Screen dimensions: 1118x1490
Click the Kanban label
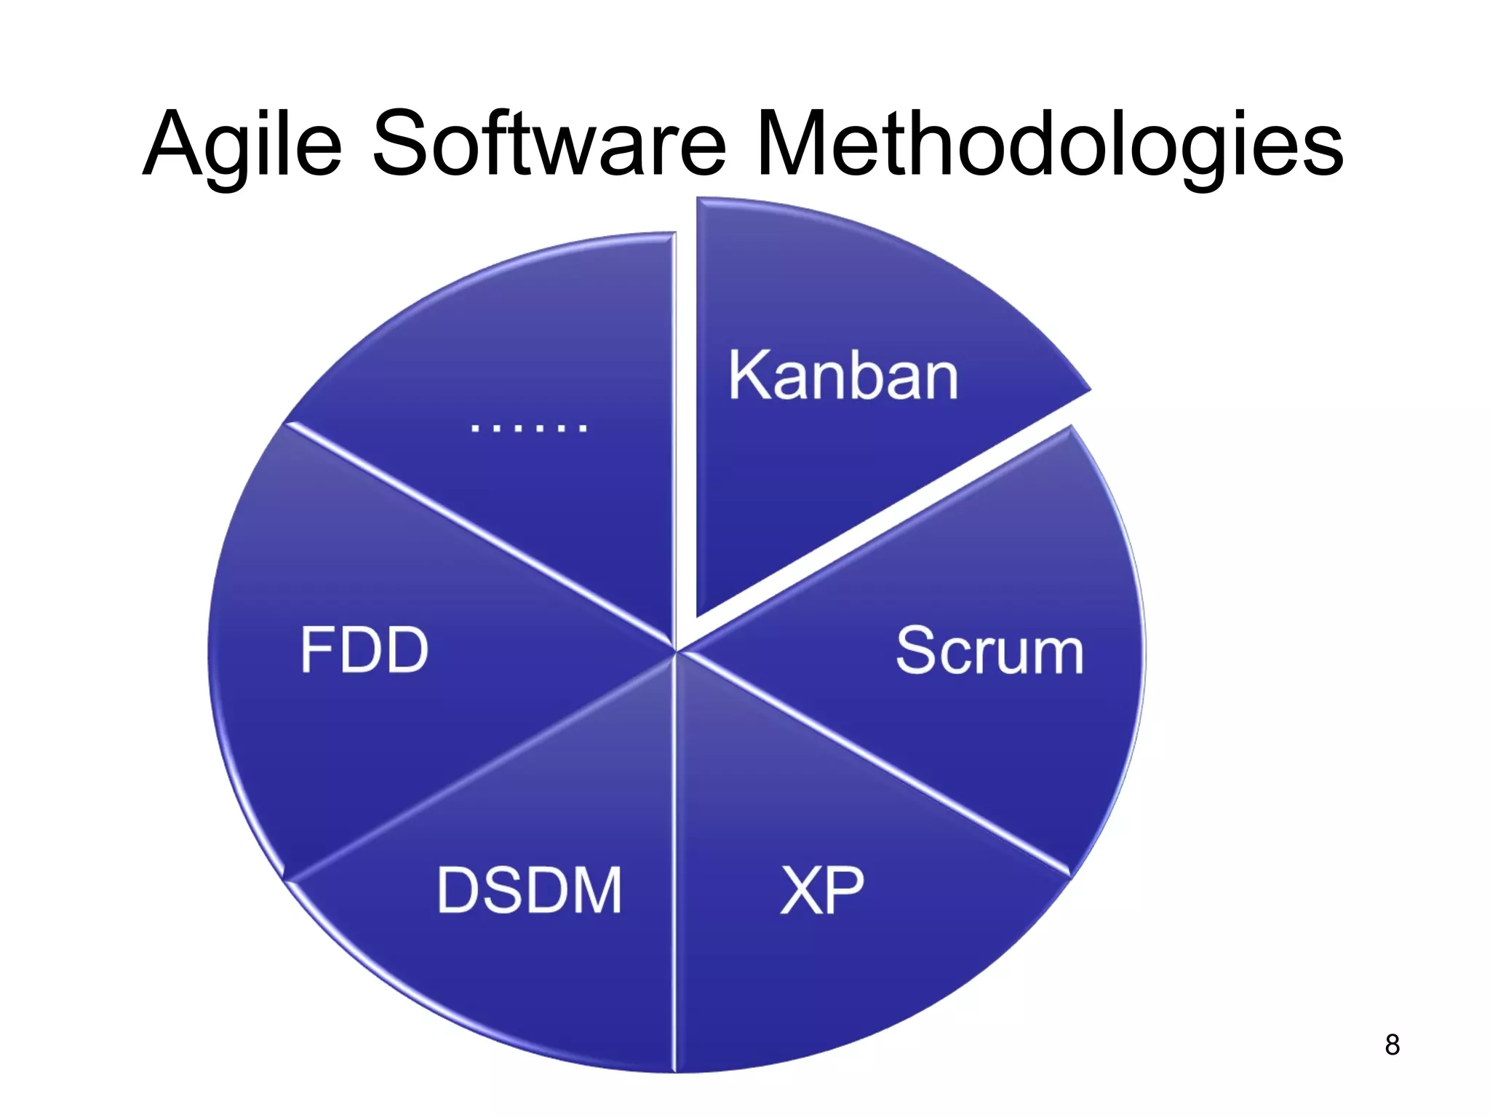[x=843, y=376]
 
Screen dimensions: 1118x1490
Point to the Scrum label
[x=989, y=651]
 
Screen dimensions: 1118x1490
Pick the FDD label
[x=364, y=650]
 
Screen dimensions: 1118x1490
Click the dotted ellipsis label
[x=528, y=427]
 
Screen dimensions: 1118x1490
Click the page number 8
[x=1392, y=1045]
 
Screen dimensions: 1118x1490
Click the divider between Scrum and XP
[x=873, y=764]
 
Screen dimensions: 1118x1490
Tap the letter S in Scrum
[x=915, y=651]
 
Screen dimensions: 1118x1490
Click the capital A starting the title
[x=172, y=143]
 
